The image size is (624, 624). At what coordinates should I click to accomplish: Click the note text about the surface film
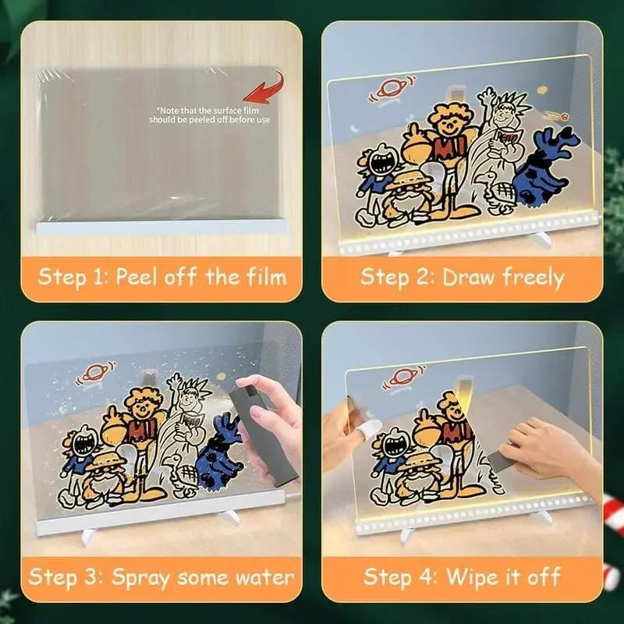tap(211, 115)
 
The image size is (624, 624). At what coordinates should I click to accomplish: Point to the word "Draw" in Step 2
tap(469, 277)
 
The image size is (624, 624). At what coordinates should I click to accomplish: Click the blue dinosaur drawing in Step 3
tap(220, 452)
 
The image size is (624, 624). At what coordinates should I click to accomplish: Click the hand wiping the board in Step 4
tap(546, 448)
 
